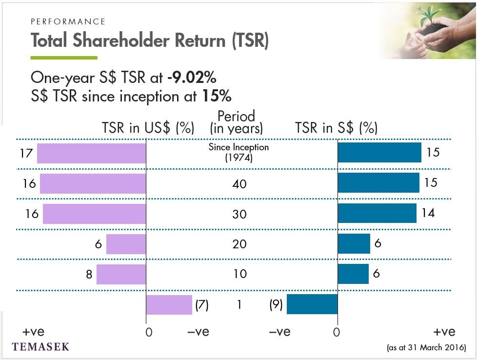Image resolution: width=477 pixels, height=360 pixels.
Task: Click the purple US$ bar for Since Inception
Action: click(91, 153)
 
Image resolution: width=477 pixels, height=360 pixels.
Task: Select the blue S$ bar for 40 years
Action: click(378, 182)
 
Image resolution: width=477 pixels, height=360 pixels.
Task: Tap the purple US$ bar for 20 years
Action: click(126, 244)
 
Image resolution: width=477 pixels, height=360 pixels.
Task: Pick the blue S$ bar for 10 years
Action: click(353, 274)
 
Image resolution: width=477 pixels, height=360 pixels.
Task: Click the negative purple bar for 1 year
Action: click(169, 304)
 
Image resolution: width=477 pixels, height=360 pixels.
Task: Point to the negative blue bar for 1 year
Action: click(312, 304)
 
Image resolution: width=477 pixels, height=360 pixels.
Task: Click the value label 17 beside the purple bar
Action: click(26, 153)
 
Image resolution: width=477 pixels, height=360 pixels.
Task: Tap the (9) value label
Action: click(276, 304)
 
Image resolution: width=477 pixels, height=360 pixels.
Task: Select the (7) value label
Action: click(202, 304)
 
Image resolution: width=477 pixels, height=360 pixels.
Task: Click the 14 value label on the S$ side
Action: click(428, 213)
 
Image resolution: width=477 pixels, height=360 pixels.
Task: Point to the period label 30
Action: click(239, 214)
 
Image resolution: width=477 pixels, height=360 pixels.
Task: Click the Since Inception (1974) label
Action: click(239, 152)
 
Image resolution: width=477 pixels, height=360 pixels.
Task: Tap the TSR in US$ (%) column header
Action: click(148, 127)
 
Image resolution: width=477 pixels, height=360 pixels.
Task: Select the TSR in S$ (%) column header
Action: click(337, 127)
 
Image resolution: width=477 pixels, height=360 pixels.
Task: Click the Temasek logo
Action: click(40, 347)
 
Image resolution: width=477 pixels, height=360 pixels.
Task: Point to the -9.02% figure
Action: click(192, 77)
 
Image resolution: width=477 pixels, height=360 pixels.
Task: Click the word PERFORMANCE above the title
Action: click(68, 21)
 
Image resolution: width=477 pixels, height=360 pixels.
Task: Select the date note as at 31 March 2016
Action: click(426, 347)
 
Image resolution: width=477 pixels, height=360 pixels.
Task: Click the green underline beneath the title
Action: click(64, 58)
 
